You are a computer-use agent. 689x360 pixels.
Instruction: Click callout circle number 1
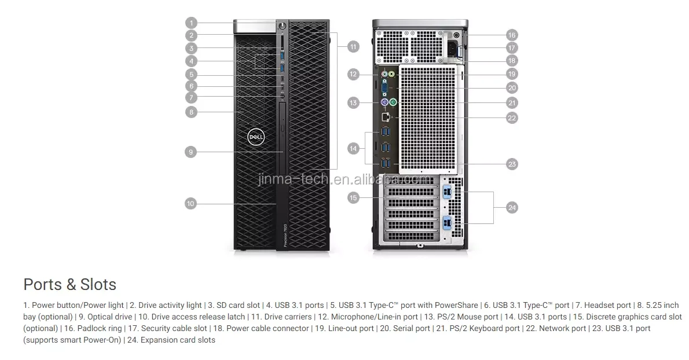pos(192,23)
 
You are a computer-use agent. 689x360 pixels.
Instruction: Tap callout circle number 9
pos(192,152)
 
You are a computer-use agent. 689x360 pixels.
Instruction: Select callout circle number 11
pos(353,46)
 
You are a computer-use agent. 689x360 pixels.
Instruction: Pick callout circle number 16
pos(511,35)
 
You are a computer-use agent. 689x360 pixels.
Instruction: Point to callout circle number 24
pos(511,207)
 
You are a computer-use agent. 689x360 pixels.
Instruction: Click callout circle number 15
pos(353,198)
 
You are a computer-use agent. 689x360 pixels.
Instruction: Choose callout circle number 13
pos(353,102)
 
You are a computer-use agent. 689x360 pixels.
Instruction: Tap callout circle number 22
pos(511,117)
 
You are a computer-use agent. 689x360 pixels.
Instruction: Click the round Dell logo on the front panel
pos(256,137)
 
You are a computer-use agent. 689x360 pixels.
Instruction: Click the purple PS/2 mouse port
pos(384,102)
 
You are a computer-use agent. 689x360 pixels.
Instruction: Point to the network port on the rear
pos(386,117)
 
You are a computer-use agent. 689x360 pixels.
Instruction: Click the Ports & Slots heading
pos(69,284)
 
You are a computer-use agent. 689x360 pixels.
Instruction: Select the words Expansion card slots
pos(178,340)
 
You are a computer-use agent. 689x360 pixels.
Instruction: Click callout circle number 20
pos(511,88)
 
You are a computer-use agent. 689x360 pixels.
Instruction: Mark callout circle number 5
pos(192,74)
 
